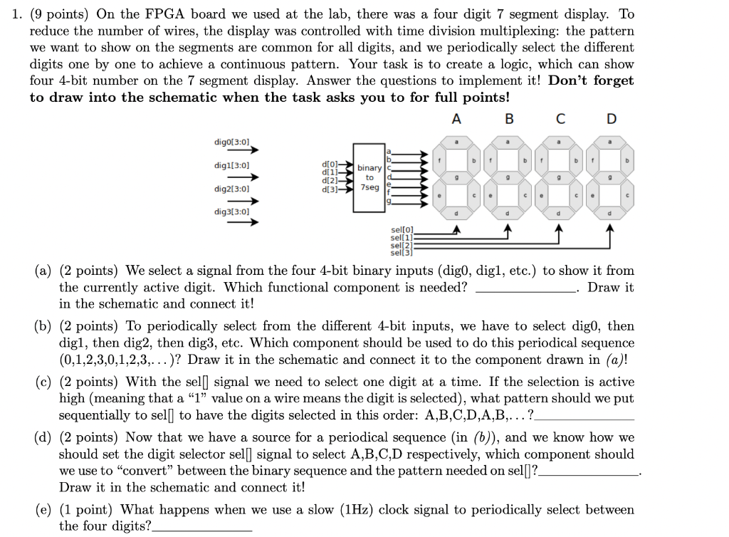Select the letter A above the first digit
pyautogui.click(x=456, y=119)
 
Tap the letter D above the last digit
pyautogui.click(x=611, y=119)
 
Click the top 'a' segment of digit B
pyautogui.click(x=508, y=142)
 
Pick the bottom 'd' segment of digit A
pyautogui.click(x=456, y=212)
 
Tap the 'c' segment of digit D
pyautogui.click(x=626, y=193)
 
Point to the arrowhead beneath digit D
pyautogui.click(x=611, y=228)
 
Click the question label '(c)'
pyautogui.click(x=44, y=382)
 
